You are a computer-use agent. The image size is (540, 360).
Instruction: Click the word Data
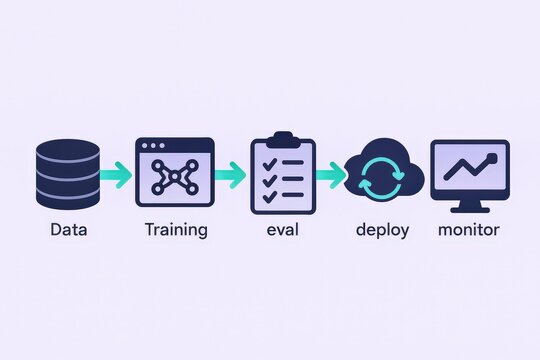(69, 230)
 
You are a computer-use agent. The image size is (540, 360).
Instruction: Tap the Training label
(176, 230)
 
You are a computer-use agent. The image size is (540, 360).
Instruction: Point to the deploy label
(383, 231)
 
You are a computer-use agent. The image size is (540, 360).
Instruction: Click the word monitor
(469, 230)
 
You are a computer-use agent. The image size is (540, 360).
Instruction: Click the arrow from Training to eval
(230, 175)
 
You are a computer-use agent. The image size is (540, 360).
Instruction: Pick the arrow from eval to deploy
(329, 175)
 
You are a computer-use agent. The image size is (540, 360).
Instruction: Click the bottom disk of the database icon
(68, 198)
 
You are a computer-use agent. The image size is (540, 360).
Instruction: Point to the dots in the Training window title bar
(156, 146)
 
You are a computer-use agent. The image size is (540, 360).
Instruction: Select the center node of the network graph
(175, 178)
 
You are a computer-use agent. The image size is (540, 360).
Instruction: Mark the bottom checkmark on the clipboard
(265, 193)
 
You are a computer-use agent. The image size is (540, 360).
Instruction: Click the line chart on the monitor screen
(469, 169)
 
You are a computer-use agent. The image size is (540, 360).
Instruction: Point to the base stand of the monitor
(469, 209)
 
